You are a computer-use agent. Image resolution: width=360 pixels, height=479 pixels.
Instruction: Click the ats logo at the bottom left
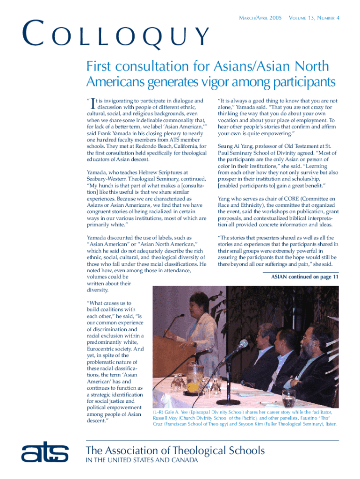pos(45,453)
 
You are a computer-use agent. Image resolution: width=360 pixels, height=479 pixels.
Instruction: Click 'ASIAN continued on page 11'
pos(305,277)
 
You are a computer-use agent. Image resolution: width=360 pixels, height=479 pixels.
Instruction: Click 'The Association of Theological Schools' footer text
pos(175,450)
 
